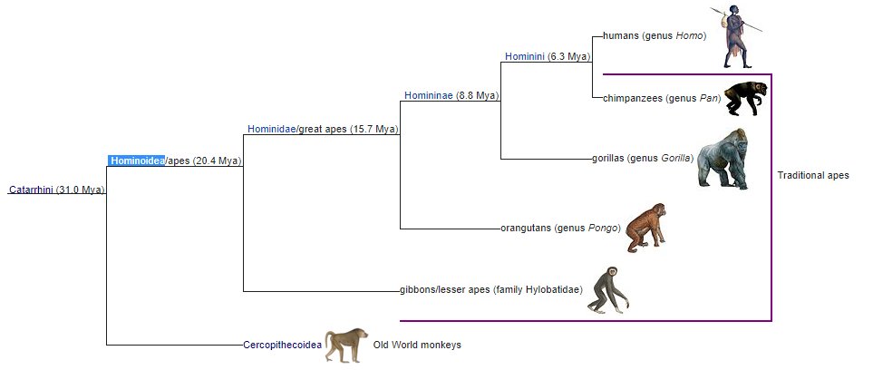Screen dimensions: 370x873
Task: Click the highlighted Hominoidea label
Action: click(137, 161)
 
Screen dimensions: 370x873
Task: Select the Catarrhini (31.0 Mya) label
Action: click(56, 190)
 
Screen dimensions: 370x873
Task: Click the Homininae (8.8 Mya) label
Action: click(451, 95)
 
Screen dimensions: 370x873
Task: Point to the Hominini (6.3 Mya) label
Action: click(547, 56)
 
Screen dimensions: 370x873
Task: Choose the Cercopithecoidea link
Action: click(283, 346)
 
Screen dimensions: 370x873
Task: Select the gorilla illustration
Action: click(725, 158)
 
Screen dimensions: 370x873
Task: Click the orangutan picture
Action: click(646, 226)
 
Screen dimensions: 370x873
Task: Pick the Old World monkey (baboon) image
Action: click(346, 345)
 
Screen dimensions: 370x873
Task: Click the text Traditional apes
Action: click(813, 175)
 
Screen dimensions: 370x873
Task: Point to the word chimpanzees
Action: click(633, 98)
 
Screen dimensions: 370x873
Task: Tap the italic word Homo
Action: click(690, 37)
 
